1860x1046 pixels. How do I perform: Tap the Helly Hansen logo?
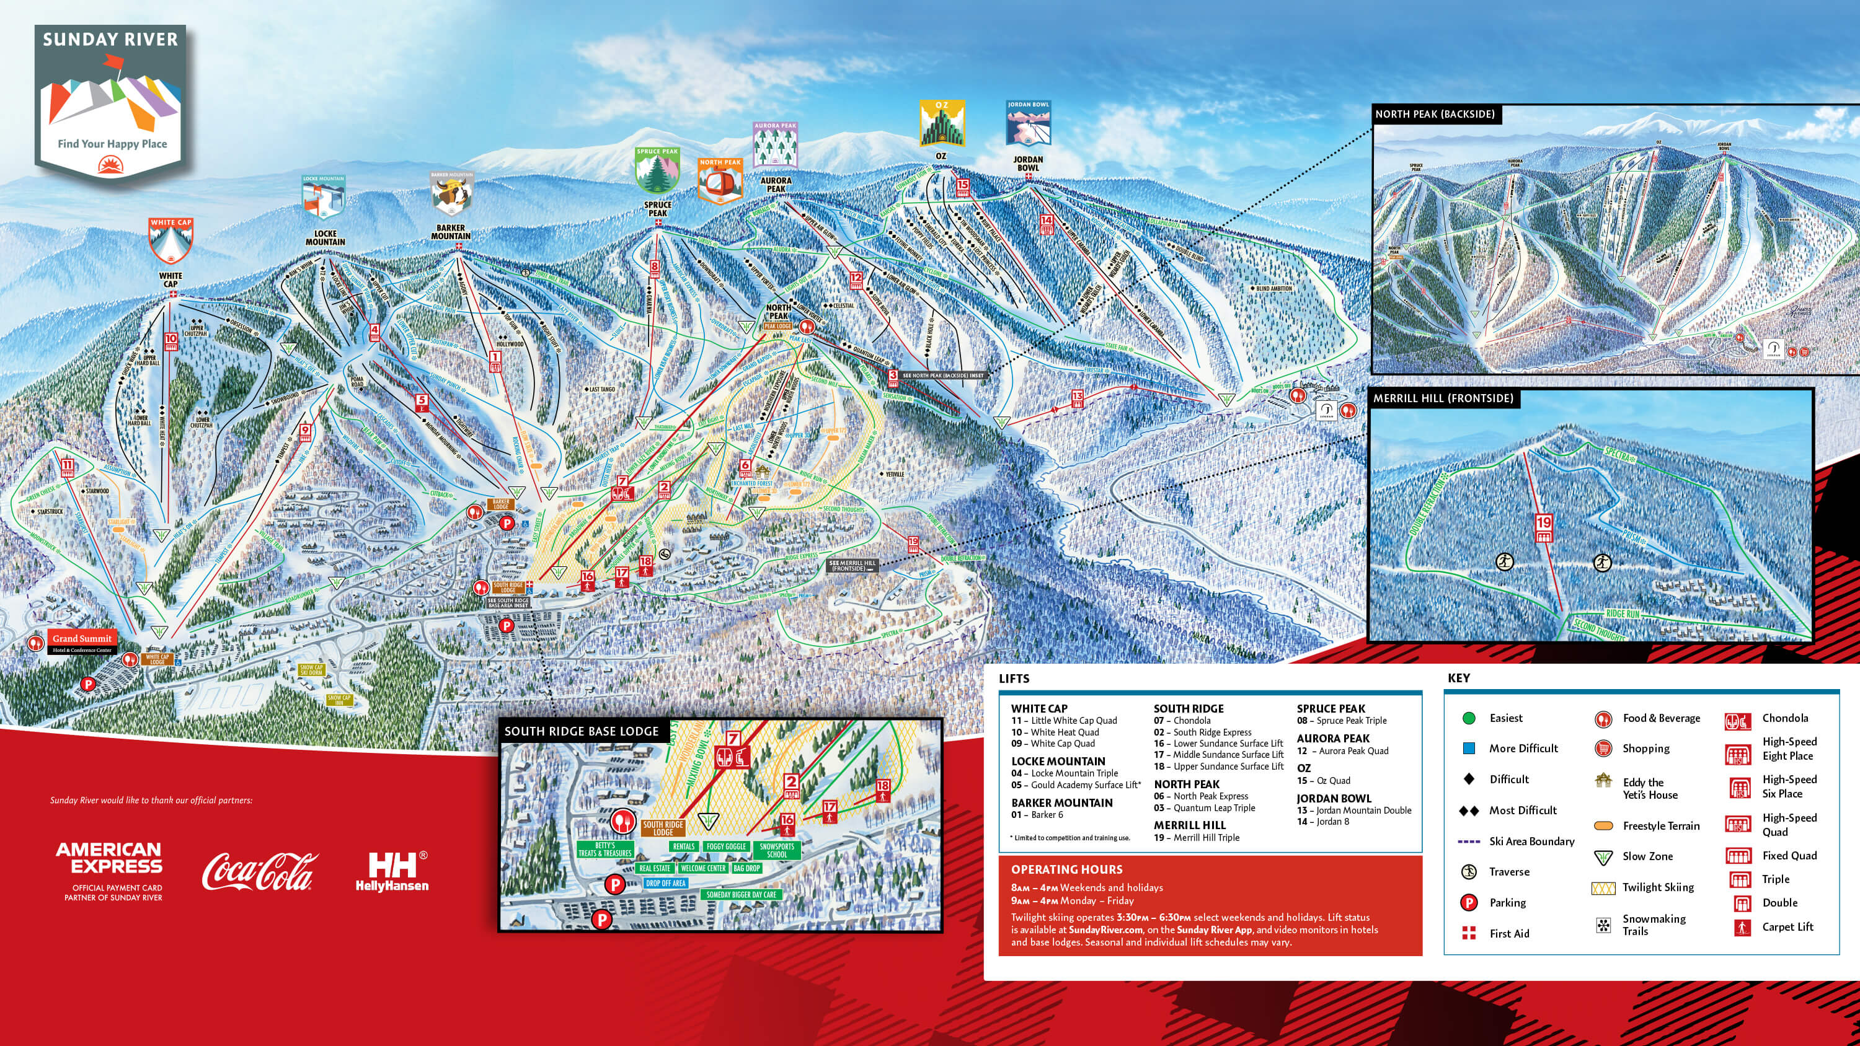[x=392, y=871]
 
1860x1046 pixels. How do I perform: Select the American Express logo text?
[x=109, y=858]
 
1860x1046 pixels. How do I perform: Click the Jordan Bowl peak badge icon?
[x=1027, y=124]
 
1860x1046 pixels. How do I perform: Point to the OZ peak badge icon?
[x=942, y=124]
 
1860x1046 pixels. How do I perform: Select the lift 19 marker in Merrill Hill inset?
[x=1544, y=528]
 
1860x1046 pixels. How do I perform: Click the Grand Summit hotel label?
[x=82, y=639]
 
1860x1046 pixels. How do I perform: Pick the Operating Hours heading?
[x=1066, y=869]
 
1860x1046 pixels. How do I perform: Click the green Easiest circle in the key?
[x=1468, y=718]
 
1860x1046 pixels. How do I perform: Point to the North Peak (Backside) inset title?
[x=1434, y=114]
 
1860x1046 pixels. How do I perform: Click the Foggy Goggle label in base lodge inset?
[x=725, y=846]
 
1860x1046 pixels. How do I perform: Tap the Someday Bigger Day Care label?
[x=741, y=894]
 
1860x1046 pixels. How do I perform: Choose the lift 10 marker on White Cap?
[x=170, y=341]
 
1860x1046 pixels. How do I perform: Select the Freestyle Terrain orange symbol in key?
[x=1603, y=826]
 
